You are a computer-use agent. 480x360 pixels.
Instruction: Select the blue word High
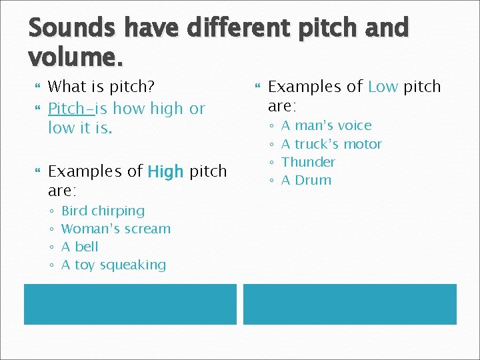[x=165, y=172]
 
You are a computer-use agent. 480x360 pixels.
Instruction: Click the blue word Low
[x=383, y=87]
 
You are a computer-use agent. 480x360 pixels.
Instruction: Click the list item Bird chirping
[x=103, y=211]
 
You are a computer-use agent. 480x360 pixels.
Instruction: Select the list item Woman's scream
[x=116, y=229]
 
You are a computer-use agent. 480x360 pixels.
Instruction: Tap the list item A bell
[x=79, y=247]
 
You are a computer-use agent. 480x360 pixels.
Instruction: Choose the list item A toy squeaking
[x=113, y=265]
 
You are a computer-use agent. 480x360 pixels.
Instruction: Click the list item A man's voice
[x=326, y=125]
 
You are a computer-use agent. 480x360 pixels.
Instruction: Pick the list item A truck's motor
[x=331, y=144]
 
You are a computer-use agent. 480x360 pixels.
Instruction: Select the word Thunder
[x=308, y=162]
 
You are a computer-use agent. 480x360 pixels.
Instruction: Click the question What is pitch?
[x=101, y=87]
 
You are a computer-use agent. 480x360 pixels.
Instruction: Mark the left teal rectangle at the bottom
[x=130, y=304]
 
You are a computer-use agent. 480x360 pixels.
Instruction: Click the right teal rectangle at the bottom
[x=349, y=304]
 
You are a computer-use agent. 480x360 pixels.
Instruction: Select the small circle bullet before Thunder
[x=271, y=163]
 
